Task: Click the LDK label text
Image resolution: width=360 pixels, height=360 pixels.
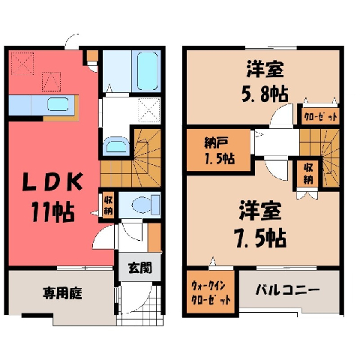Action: (52, 182)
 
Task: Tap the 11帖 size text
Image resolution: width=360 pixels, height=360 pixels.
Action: (53, 212)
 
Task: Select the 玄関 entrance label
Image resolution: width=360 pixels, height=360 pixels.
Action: (140, 268)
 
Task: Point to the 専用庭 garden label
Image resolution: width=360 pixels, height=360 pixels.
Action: (62, 293)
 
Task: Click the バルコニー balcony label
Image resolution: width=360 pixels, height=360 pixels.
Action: (287, 290)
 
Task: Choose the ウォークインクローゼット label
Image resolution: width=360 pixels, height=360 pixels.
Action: (211, 292)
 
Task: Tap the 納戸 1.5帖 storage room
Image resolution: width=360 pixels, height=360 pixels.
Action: (219, 151)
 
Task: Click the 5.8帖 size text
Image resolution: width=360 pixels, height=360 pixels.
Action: (265, 94)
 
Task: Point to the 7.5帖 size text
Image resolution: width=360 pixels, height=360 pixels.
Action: (260, 238)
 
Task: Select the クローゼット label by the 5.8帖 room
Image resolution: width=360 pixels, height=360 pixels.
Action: (320, 116)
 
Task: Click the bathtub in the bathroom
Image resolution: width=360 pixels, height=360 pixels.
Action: (148, 71)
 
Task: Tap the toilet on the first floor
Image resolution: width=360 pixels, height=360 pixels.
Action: (145, 205)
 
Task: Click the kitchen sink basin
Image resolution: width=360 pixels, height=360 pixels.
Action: (58, 104)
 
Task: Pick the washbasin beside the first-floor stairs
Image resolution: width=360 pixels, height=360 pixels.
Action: (116, 145)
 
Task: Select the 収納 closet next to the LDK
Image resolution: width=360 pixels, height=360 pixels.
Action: (108, 205)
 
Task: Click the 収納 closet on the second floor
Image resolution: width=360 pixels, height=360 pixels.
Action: (307, 174)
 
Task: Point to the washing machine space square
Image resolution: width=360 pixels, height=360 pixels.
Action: (149, 110)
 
